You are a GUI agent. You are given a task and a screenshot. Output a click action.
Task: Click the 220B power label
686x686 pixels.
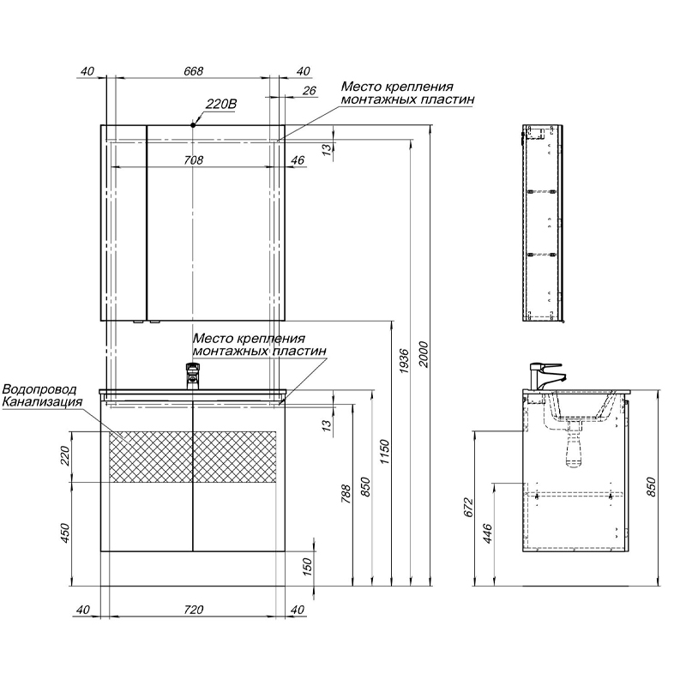tap(221, 104)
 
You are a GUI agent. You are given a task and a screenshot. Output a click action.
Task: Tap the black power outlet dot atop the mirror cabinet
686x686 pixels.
tap(193, 125)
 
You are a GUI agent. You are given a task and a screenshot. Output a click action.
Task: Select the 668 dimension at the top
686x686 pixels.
tap(193, 71)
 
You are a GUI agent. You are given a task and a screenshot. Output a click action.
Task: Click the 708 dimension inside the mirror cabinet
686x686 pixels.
tap(193, 160)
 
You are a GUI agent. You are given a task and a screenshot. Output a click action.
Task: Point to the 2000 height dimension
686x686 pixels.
tap(424, 354)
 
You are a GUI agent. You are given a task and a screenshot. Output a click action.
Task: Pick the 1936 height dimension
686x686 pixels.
tap(404, 361)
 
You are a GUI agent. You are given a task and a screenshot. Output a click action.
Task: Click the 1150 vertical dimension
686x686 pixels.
tap(384, 452)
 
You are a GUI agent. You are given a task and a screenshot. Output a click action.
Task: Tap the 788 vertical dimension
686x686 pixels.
tap(346, 494)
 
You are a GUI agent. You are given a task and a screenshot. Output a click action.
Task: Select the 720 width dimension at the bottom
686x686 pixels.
tap(193, 610)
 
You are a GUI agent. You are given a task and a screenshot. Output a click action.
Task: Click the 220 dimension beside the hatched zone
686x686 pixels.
tap(65, 456)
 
